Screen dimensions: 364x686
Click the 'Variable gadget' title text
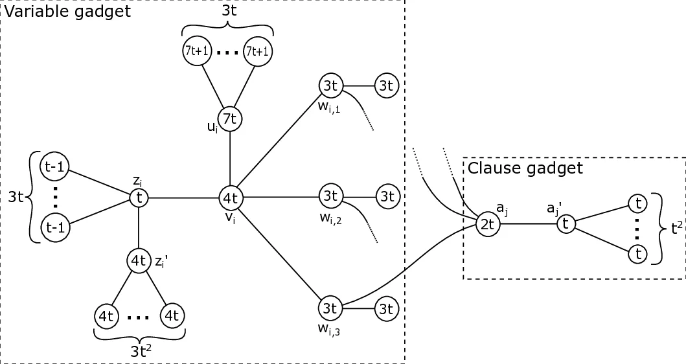coord(67,11)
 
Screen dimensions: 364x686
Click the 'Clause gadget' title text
coord(525,168)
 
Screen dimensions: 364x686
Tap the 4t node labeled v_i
coord(231,196)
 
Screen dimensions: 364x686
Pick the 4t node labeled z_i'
coord(139,261)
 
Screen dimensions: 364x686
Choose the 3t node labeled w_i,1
coord(330,85)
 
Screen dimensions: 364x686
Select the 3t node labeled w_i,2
coord(330,195)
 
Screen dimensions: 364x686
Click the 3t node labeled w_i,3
coord(330,308)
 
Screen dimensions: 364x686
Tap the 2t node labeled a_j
coord(486,224)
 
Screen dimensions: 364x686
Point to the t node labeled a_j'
coord(566,224)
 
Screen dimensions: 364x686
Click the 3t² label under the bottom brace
coord(139,354)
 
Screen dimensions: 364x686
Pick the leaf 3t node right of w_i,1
coord(387,85)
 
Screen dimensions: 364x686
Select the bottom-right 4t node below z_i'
coord(171,316)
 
